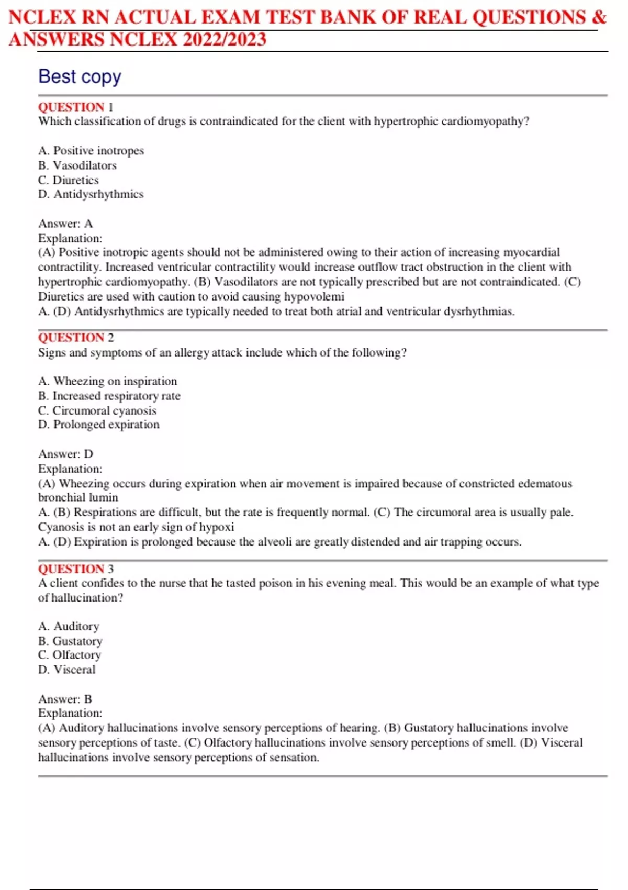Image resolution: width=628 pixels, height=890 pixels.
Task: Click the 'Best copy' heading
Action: (x=80, y=76)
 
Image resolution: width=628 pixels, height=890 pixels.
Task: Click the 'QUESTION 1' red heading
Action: (x=75, y=107)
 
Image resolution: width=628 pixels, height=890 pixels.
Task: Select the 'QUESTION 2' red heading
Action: (x=75, y=338)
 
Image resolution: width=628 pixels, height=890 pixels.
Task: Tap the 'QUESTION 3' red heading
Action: (x=75, y=569)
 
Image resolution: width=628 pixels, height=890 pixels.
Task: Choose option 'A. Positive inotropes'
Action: (x=91, y=151)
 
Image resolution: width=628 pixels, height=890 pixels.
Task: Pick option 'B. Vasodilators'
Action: (x=77, y=165)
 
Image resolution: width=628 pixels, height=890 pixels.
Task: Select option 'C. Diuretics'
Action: (x=69, y=180)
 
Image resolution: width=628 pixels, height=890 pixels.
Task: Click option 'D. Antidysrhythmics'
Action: (x=91, y=194)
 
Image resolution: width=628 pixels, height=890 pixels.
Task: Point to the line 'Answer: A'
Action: (x=65, y=224)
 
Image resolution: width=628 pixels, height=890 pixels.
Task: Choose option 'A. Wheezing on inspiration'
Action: (x=108, y=381)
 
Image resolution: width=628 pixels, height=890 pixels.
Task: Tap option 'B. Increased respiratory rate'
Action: (x=109, y=396)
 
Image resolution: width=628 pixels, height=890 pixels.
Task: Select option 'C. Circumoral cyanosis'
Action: (x=97, y=410)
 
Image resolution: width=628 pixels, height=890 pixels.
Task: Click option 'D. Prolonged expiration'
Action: (x=99, y=425)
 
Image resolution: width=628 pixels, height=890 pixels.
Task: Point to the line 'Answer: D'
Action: (x=65, y=454)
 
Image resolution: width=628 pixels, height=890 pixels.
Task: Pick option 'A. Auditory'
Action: (x=69, y=626)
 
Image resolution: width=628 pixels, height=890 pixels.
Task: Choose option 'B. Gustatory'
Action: (x=70, y=641)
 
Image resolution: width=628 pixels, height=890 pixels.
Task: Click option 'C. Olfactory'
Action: (x=70, y=655)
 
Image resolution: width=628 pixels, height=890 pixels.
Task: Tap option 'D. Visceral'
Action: (x=67, y=670)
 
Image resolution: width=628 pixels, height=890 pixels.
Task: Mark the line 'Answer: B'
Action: (x=65, y=699)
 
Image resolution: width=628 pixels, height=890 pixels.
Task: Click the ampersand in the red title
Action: (x=599, y=18)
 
